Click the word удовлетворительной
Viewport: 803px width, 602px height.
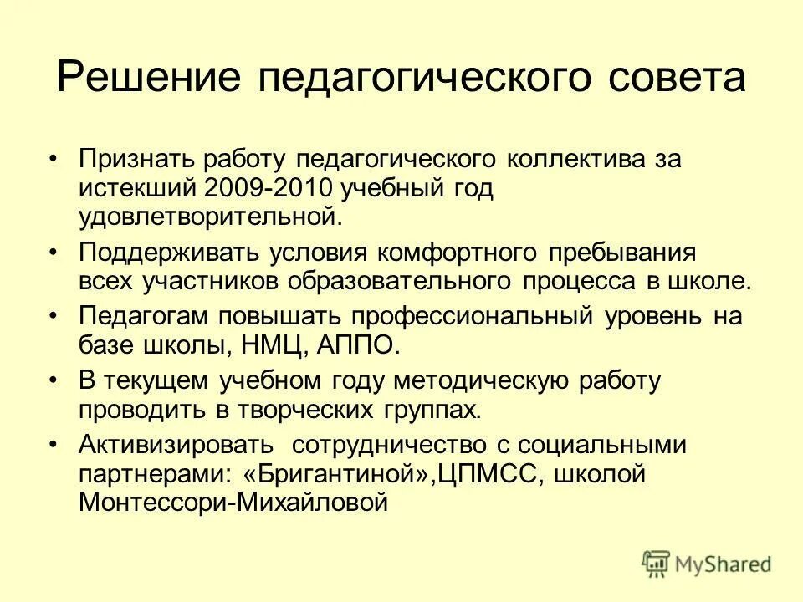click(x=210, y=217)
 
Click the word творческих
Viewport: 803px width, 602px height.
click(x=302, y=411)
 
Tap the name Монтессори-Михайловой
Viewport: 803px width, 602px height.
click(x=233, y=503)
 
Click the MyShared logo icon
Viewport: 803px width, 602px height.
click(x=657, y=562)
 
